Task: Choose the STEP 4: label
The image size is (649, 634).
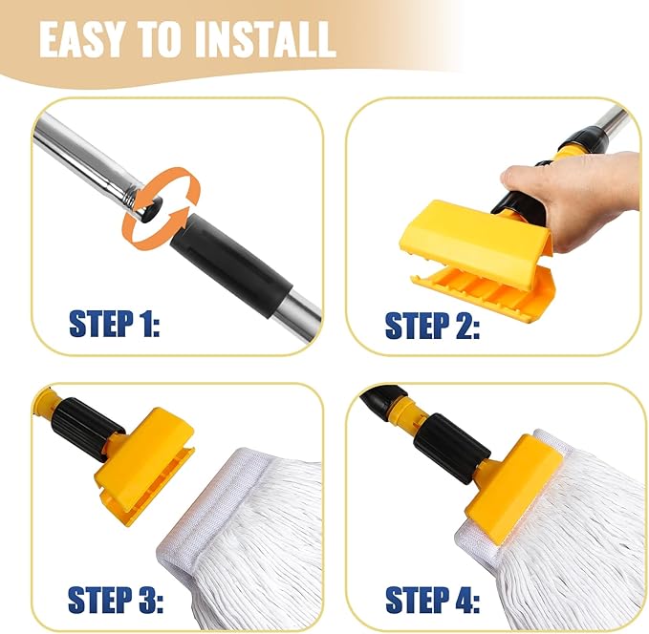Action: (x=431, y=600)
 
